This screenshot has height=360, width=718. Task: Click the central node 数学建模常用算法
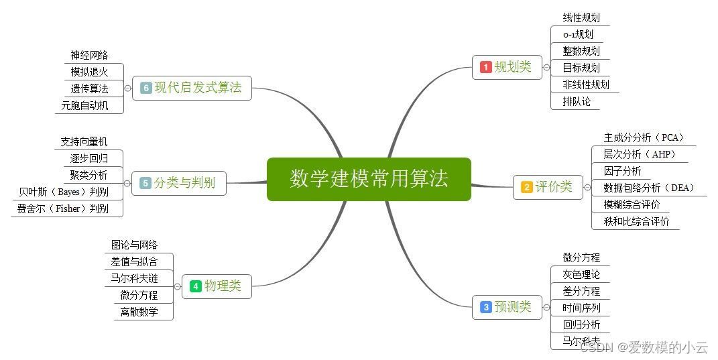tap(369, 179)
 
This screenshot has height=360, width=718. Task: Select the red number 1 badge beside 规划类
tap(486, 67)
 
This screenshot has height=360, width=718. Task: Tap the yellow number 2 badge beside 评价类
tap(527, 188)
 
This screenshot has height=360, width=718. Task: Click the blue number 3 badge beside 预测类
tap(486, 308)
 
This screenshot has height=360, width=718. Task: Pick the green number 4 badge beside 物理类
tap(196, 286)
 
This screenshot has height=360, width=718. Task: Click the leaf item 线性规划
tap(581, 17)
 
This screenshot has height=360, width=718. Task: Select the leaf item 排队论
tap(577, 102)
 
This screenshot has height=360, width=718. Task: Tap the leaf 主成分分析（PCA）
tap(643, 137)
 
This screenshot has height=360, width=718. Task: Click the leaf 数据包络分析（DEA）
tap(648, 188)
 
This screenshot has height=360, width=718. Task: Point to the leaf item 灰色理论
tap(581, 274)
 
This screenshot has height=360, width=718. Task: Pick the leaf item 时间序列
tap(581, 308)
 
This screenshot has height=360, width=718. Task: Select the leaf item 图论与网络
tap(134, 245)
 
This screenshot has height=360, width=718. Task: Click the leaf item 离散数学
tap(139, 312)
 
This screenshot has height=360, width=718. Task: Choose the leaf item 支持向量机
tap(84, 141)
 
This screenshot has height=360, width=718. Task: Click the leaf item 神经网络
tap(89, 55)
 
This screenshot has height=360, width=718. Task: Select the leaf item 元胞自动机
tap(84, 105)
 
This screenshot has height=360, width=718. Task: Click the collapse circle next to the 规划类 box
tap(547, 67)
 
